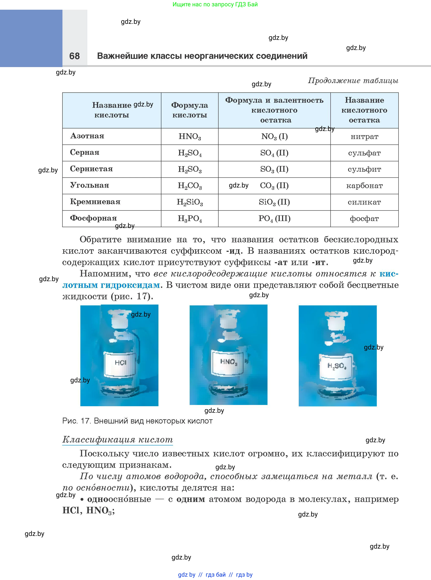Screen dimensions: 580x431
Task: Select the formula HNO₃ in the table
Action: pos(190,136)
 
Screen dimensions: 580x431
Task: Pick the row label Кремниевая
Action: pos(95,202)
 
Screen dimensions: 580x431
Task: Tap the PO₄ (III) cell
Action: pos(274,219)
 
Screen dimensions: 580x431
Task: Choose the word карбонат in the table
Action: pos(365,186)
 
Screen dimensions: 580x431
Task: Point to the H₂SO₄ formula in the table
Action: pos(190,153)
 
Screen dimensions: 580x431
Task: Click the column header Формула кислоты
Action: pos(190,110)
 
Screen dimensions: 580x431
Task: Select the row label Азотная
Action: pos(87,136)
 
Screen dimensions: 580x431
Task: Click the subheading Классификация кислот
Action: pos(118,440)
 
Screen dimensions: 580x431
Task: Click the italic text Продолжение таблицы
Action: pos(353,81)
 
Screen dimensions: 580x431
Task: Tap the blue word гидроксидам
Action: pos(130,285)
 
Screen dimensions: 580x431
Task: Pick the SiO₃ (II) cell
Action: pos(274,202)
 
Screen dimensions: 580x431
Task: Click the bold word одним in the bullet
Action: pos(191,499)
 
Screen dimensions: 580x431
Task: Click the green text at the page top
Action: pos(215,4)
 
